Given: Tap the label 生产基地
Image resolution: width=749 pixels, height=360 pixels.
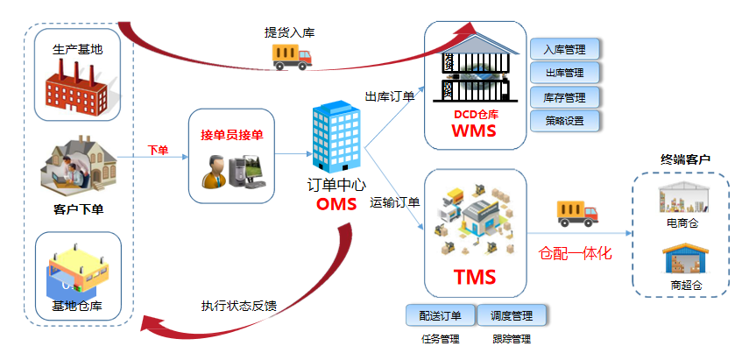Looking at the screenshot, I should click(77, 49).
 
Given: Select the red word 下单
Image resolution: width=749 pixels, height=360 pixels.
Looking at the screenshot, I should click(158, 150).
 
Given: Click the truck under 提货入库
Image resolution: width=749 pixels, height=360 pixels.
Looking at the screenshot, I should click(292, 56).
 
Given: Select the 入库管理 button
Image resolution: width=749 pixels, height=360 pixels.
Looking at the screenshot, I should click(564, 49).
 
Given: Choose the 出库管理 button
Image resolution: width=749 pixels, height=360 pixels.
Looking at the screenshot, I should click(564, 73).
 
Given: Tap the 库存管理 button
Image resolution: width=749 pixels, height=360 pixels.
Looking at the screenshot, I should click(564, 97).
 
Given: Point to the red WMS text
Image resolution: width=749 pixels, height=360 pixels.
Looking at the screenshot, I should click(474, 132).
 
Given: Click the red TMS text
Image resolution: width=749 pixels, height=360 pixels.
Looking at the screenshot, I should click(475, 278).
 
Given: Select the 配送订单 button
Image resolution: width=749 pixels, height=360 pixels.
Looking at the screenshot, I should click(440, 314).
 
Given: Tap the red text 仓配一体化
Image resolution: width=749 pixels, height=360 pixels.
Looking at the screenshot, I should click(574, 254).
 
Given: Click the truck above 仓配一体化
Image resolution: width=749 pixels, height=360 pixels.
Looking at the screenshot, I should click(576, 213).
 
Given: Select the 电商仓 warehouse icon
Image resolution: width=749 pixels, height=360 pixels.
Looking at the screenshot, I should click(683, 198).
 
